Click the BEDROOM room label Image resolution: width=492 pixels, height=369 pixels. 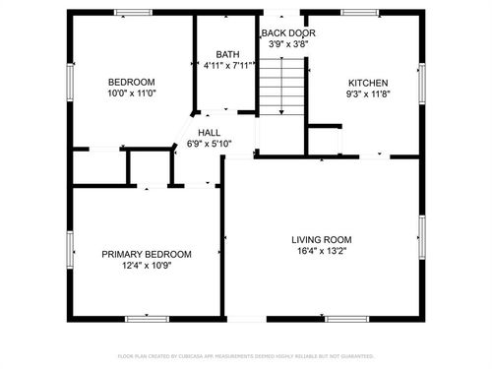pyautogui.click(x=132, y=81)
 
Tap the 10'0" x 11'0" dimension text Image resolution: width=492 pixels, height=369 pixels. pyautogui.click(x=132, y=92)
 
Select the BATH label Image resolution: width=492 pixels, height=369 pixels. pyautogui.click(x=227, y=55)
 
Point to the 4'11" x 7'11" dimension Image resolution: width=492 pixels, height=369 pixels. pyautogui.click(x=228, y=67)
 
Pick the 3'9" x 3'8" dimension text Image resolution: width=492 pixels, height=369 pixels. pyautogui.click(x=284, y=44)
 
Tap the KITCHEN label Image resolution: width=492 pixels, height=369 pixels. pyautogui.click(x=368, y=84)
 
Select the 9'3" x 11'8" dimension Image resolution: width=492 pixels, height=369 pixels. pyautogui.click(x=368, y=95)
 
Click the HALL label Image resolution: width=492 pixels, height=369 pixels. pyautogui.click(x=209, y=133)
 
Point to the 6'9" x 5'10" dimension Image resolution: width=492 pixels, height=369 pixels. pyautogui.click(x=209, y=145)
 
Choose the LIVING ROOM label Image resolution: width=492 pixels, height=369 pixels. pyautogui.click(x=321, y=240)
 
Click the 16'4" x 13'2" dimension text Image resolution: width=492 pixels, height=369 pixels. pyautogui.click(x=321, y=252)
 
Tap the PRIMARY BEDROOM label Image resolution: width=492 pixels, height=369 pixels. pyautogui.click(x=147, y=254)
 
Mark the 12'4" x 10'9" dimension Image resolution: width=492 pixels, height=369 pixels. pyautogui.click(x=147, y=266)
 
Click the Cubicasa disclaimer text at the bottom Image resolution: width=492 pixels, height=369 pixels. pyautogui.click(x=246, y=355)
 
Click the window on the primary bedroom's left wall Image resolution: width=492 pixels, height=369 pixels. pyautogui.click(x=70, y=250)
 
